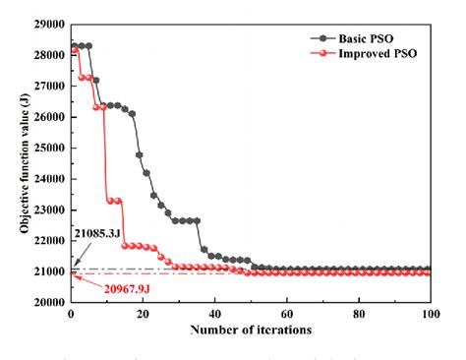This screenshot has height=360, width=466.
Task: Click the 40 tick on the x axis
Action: coord(214,315)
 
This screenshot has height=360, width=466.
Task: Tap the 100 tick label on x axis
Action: coord(431,315)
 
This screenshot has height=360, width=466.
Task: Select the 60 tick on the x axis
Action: coord(286,315)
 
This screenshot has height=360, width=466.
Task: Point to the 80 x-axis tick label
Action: coord(359,315)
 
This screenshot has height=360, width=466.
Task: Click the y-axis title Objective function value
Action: coord(21,162)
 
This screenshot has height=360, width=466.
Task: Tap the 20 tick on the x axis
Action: coord(143,315)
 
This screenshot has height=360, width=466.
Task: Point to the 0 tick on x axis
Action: coord(71,315)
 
